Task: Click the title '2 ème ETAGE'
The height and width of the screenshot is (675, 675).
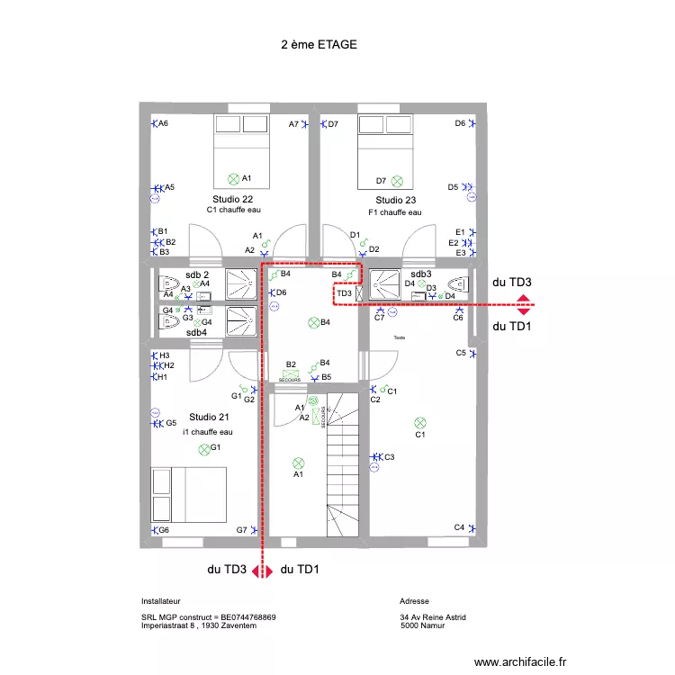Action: [319, 43]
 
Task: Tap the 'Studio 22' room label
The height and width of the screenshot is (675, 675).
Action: [232, 199]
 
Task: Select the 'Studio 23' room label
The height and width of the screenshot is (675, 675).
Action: [396, 200]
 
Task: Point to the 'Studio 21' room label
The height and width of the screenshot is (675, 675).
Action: [209, 417]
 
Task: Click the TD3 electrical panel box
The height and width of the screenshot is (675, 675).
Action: [345, 293]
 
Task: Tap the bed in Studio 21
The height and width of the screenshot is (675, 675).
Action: [189, 494]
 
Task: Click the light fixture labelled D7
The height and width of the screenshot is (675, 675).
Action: [397, 180]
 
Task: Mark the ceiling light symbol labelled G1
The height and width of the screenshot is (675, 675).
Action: [203, 448]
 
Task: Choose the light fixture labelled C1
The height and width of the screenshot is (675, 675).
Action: [419, 422]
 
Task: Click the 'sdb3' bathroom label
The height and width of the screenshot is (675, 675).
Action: [421, 274]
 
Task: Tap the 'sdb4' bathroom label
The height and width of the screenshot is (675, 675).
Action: [196, 332]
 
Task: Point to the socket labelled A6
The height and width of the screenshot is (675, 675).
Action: [153, 123]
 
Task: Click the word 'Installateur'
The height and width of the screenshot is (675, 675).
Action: [161, 600]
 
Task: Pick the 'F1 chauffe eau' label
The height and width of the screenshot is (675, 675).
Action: [394, 212]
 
